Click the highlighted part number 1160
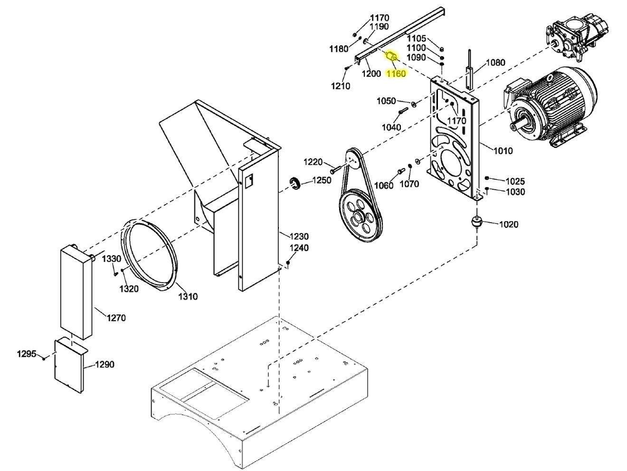click(x=396, y=73)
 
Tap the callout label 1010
click(x=503, y=151)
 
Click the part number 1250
click(x=322, y=180)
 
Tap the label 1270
click(x=116, y=317)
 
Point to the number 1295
click(x=27, y=353)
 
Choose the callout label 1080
click(x=495, y=62)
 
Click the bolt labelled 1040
click(x=403, y=111)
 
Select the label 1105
click(x=417, y=38)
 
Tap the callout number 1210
click(x=340, y=86)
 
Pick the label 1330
click(x=112, y=258)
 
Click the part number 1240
click(x=299, y=247)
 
